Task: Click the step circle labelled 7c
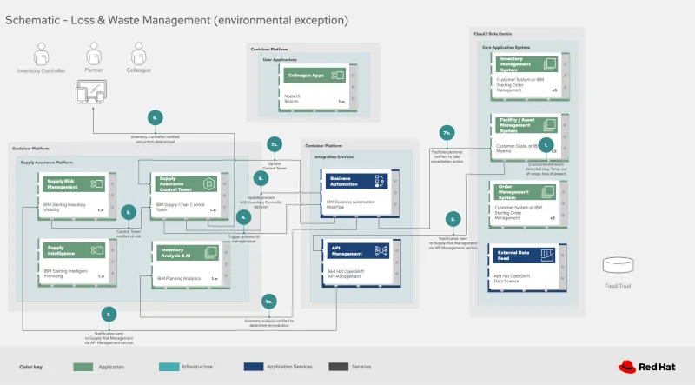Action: pos(274,144)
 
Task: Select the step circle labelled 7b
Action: pos(446,132)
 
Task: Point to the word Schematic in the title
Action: pos(32,18)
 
